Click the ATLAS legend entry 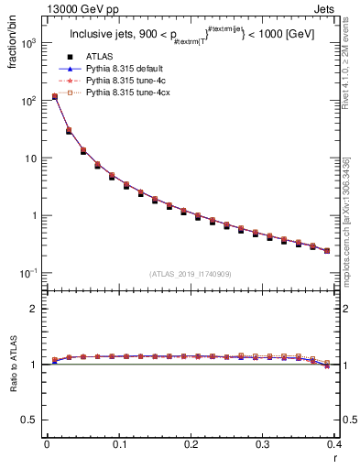click(99, 82)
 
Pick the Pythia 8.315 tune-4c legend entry click(119, 105)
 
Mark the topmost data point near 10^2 click(54, 96)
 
